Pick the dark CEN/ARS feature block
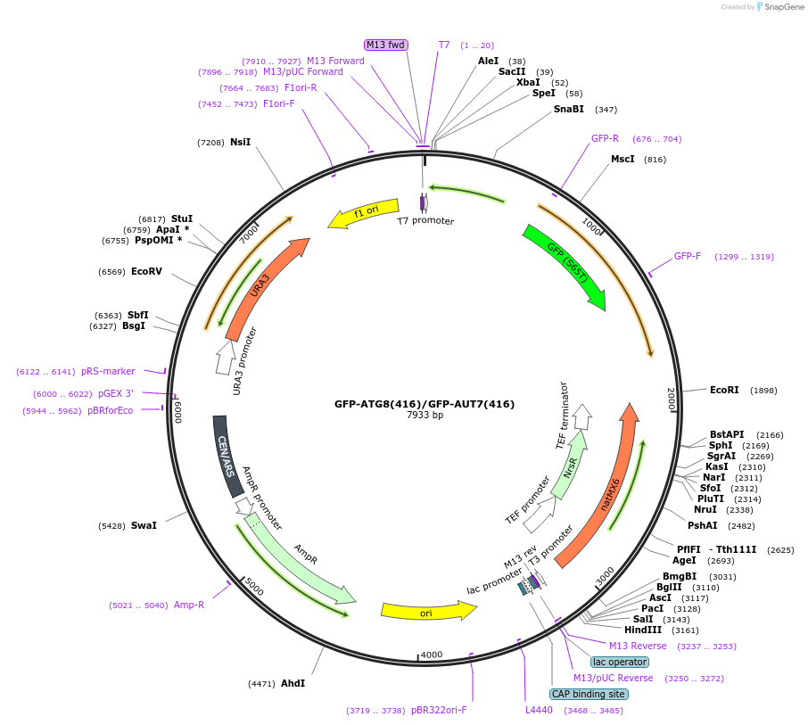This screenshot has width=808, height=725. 227,455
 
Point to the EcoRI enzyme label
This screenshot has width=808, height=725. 724,390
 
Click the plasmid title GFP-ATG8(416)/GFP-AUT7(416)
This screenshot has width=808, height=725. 425,404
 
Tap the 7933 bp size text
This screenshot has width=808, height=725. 425,416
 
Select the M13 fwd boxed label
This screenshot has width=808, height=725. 386,45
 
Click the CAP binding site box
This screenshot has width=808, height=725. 589,694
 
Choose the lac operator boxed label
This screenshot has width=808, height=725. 620,662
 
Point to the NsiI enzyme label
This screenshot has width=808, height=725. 240,142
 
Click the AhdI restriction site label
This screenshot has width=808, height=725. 293,683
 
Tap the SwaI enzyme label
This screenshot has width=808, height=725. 144,525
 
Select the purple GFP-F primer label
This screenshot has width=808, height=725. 687,256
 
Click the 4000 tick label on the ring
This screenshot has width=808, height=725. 432,655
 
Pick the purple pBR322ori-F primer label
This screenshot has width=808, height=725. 438,711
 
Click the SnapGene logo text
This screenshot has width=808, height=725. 781,7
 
